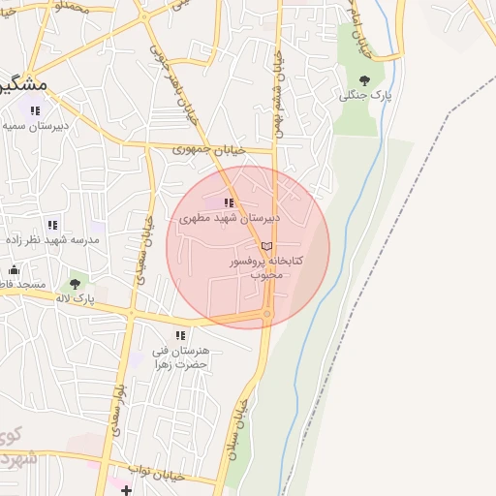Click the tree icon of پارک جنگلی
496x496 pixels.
pos(364,80)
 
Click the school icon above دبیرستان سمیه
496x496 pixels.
pos(36,111)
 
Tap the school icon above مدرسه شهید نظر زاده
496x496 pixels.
pos(52,226)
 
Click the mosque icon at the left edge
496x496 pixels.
pos(14,270)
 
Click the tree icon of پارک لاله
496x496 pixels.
pos(75,285)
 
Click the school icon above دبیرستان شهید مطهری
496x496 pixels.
pos(229,203)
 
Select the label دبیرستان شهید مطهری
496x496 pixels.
pos(230,219)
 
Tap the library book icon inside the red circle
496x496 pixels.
pos(267,246)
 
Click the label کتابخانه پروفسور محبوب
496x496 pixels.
pos(266,267)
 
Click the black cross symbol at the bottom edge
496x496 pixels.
pos(126,490)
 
